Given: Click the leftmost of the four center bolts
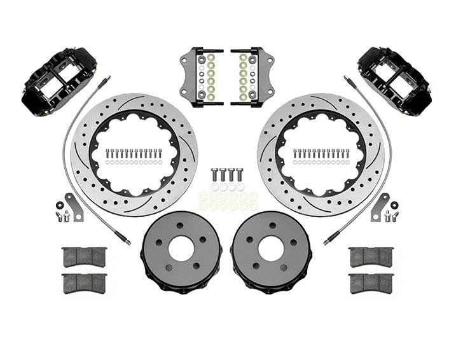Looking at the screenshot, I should [x=213, y=174].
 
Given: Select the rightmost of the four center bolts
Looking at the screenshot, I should [x=240, y=174].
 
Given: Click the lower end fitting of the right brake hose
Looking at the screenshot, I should [x=329, y=240].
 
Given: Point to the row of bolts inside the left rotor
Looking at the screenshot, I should [x=134, y=153].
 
